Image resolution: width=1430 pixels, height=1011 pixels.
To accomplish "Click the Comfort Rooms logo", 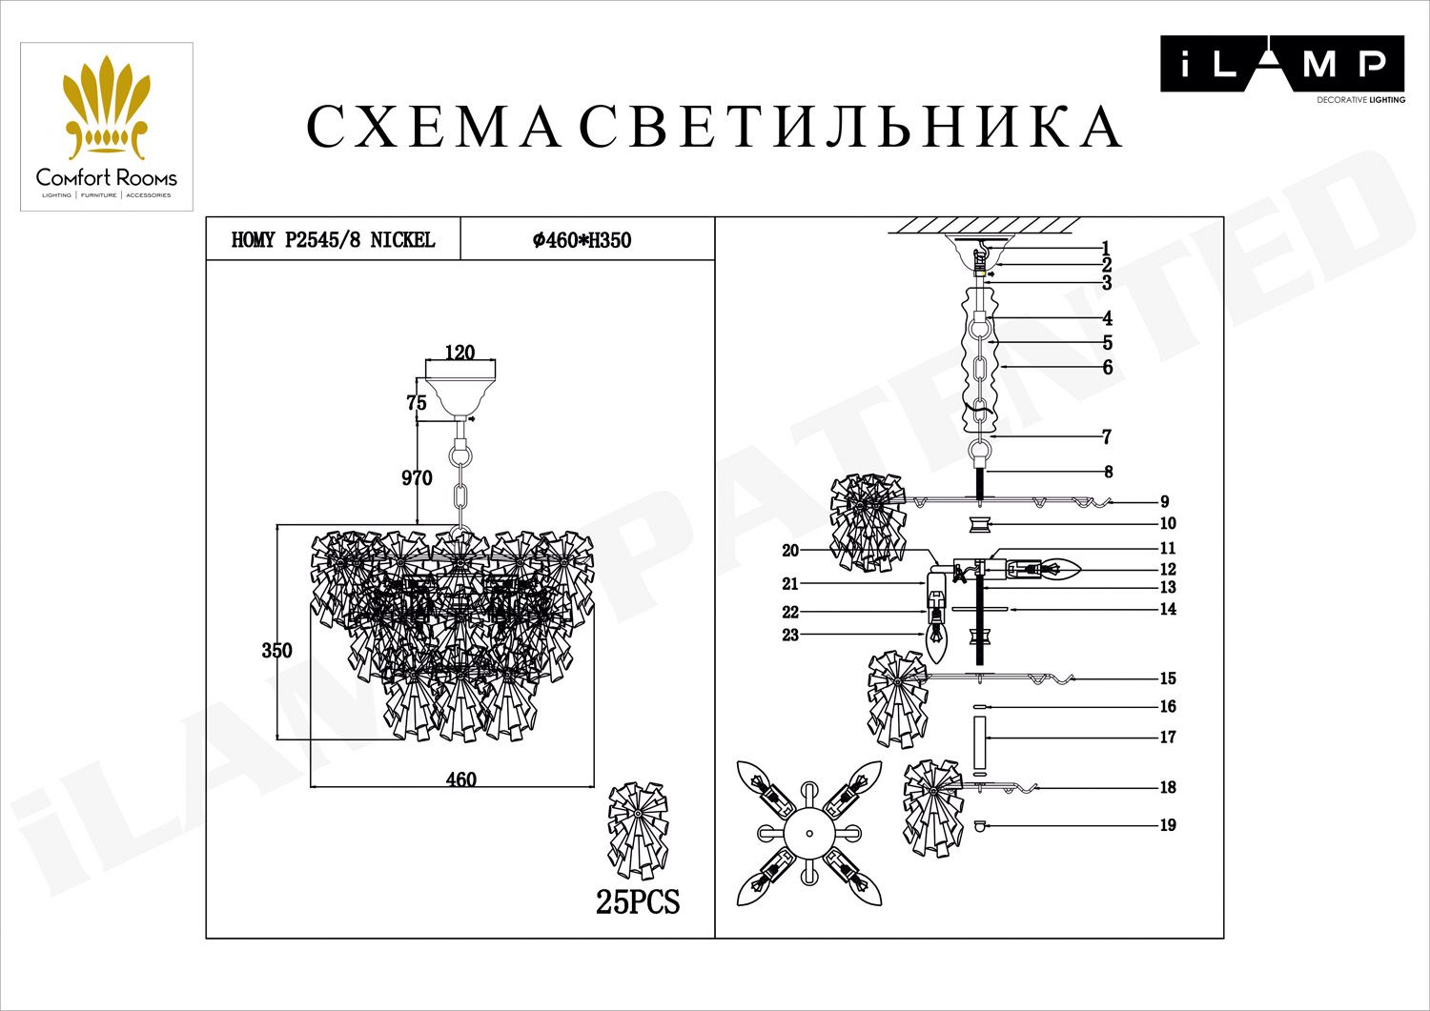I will coord(107,127).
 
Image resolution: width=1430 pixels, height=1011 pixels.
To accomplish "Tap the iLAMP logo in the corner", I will coord(1281,66).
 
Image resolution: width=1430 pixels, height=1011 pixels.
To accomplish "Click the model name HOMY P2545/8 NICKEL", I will coord(333,240).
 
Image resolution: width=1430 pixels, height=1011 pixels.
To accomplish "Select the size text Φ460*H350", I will coord(582,241).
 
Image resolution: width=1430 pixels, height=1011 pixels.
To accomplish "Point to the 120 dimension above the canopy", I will coord(460,353).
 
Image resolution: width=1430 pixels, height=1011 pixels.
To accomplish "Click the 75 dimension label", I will coord(417,403).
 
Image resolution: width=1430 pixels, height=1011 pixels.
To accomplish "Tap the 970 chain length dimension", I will coord(417,478).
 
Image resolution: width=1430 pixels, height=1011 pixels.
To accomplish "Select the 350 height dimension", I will coord(276,651).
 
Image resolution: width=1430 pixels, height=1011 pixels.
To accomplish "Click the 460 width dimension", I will coord(460,779).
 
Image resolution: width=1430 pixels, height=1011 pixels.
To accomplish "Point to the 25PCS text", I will coord(638,901).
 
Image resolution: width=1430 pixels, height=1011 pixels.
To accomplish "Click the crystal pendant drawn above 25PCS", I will coord(638,831).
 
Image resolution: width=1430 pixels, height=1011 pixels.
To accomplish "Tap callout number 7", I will coord(1106,437).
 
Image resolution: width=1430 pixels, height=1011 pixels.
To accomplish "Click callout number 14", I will coord(1168,609).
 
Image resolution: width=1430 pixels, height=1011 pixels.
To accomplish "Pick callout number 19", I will coord(1168,825).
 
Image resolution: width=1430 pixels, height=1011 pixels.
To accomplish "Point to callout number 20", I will coord(790,551).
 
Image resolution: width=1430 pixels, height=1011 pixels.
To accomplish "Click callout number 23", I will coord(790,635).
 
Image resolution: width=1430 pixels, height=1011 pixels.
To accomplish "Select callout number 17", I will coord(1168,737).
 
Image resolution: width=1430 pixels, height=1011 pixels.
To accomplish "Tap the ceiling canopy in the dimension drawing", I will coord(460,391).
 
